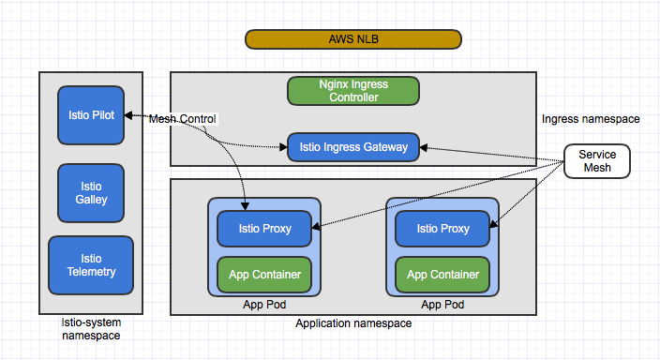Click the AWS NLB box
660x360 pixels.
[x=353, y=38]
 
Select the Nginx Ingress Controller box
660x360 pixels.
[x=353, y=90]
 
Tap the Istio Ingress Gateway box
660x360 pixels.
[x=353, y=147]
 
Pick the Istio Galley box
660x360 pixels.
[x=91, y=191]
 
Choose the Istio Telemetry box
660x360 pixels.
[x=91, y=264]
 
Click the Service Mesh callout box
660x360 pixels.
[x=597, y=160]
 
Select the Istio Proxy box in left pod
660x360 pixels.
[x=263, y=228]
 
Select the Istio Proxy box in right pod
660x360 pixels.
[x=442, y=228]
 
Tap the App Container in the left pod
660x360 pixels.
[x=263, y=275]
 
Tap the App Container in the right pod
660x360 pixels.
[x=442, y=275]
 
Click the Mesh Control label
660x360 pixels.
[x=183, y=119]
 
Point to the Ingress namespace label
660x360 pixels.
[x=591, y=119]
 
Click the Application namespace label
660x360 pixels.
[x=353, y=323]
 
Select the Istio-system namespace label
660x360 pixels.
[x=91, y=328]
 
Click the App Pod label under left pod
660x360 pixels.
[x=263, y=305]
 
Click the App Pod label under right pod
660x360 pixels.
[x=442, y=305]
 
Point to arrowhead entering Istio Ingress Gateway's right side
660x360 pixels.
[x=425, y=148]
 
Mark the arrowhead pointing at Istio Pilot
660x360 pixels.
[x=129, y=115]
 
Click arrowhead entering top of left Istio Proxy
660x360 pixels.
[x=246, y=205]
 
